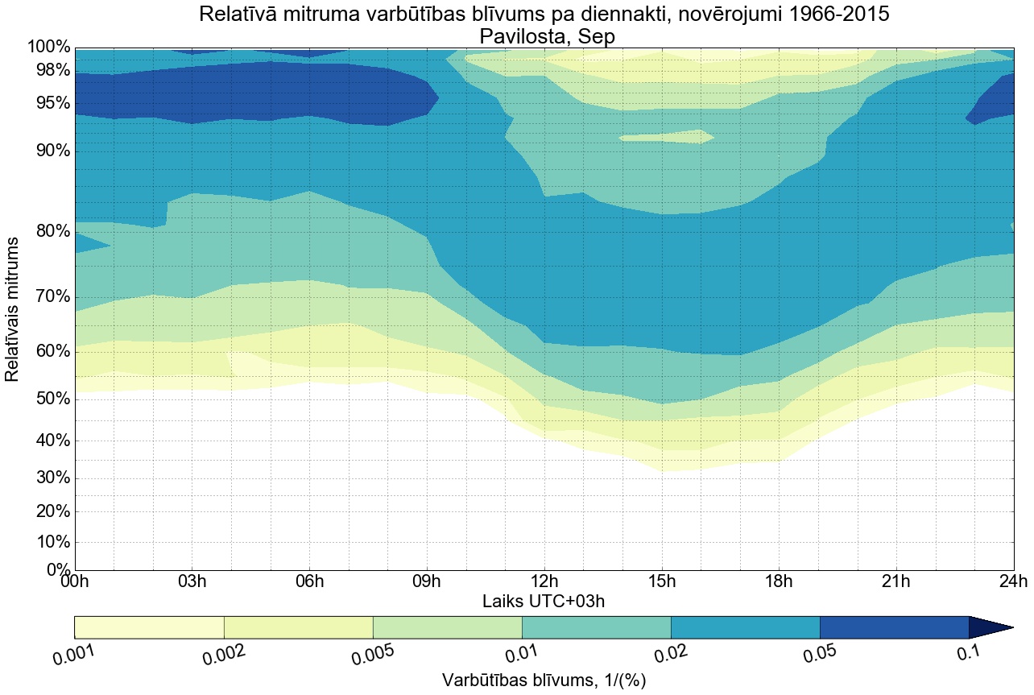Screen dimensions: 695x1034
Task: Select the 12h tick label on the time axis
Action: coord(544,581)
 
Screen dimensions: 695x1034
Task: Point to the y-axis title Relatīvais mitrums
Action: coord(13,309)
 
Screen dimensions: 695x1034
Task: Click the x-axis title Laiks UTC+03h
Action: coord(544,601)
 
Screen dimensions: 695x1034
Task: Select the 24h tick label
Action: coord(1012,581)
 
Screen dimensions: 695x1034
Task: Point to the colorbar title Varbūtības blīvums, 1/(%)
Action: coord(544,681)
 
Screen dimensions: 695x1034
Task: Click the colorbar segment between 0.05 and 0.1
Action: coord(894,627)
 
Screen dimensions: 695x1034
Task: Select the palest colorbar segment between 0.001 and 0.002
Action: coord(149,627)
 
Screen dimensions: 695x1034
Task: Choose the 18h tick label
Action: coord(778,581)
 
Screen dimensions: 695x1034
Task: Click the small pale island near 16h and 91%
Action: coord(666,138)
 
